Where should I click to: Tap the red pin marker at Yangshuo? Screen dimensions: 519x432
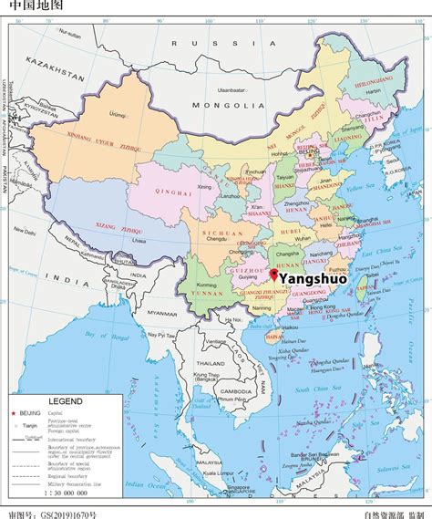[x=273, y=273]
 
